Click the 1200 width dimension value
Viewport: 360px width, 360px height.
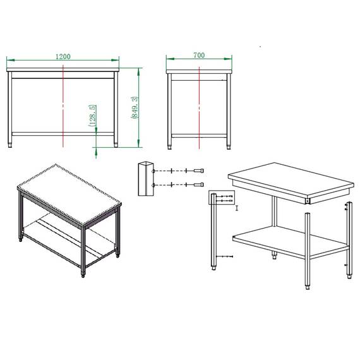(x=63, y=56)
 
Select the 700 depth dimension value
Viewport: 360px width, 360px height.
(x=200, y=56)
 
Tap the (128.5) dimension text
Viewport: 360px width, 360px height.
(x=92, y=116)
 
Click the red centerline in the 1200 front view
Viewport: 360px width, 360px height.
(x=64, y=101)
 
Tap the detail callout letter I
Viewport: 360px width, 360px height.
(x=236, y=207)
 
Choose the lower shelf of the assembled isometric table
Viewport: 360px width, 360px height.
(x=69, y=237)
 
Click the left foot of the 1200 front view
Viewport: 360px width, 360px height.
(x=9, y=145)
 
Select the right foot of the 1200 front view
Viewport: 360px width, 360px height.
(x=116, y=145)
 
